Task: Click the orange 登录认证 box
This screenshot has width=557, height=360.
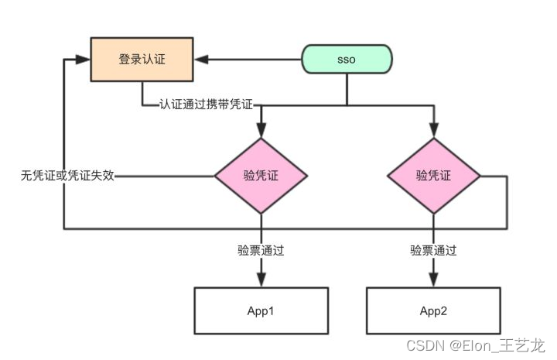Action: coord(142,60)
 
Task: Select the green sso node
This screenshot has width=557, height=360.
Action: coord(347,59)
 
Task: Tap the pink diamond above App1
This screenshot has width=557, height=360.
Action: coord(261,176)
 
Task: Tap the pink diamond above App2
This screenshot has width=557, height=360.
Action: coord(434,176)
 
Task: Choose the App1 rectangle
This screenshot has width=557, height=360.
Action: coord(261,310)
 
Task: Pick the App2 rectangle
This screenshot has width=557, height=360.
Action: coord(433,310)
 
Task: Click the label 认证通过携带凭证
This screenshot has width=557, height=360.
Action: coord(206,105)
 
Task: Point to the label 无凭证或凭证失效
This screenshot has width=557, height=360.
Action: coord(67,176)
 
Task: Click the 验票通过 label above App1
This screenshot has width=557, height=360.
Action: coord(261,250)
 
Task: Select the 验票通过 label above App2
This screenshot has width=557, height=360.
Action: coord(433,250)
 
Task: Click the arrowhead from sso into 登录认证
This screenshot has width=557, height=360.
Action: coord(201,60)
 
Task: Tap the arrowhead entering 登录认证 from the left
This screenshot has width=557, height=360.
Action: coord(83,60)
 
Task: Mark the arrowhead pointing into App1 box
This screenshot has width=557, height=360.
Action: coord(261,279)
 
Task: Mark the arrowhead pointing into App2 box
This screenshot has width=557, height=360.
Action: coord(434,279)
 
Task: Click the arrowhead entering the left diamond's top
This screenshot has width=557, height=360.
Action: coord(261,130)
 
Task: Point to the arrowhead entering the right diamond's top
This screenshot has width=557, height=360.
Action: coord(434,130)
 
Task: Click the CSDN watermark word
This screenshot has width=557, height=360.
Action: coord(425,345)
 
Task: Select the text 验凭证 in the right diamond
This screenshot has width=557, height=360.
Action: coord(433,176)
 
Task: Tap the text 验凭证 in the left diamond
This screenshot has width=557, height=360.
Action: coord(261,176)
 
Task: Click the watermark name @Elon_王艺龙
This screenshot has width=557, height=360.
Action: coord(497,345)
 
